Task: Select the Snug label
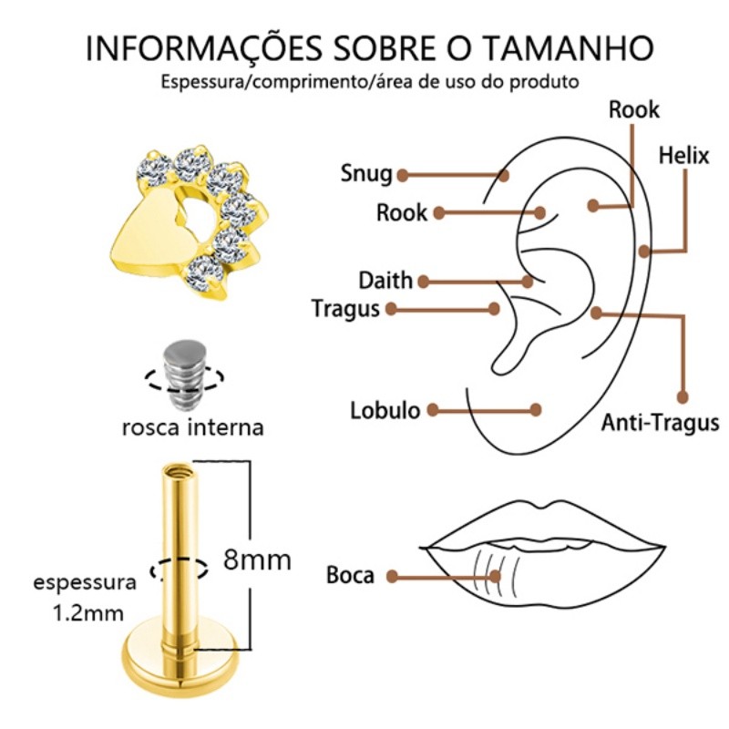[366, 173]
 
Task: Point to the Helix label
[683, 155]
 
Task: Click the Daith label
[385, 280]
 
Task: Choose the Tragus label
[345, 308]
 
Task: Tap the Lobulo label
[385, 410]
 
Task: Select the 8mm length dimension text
[258, 559]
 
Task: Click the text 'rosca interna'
[192, 426]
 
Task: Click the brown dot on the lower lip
[496, 575]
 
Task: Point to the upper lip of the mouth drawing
[547, 524]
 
